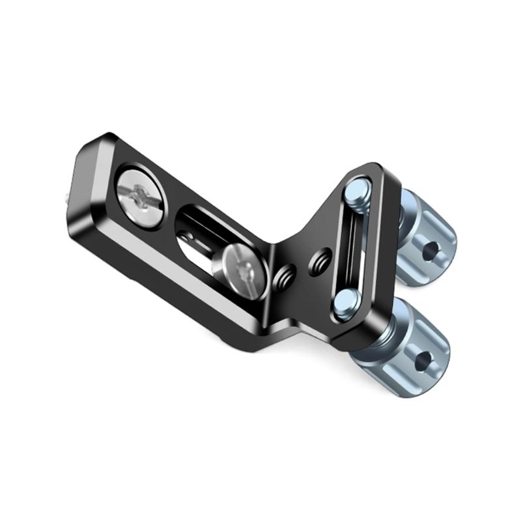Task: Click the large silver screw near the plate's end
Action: (140, 197)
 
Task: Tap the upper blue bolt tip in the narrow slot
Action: (357, 191)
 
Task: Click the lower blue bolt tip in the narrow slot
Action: (346, 302)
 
